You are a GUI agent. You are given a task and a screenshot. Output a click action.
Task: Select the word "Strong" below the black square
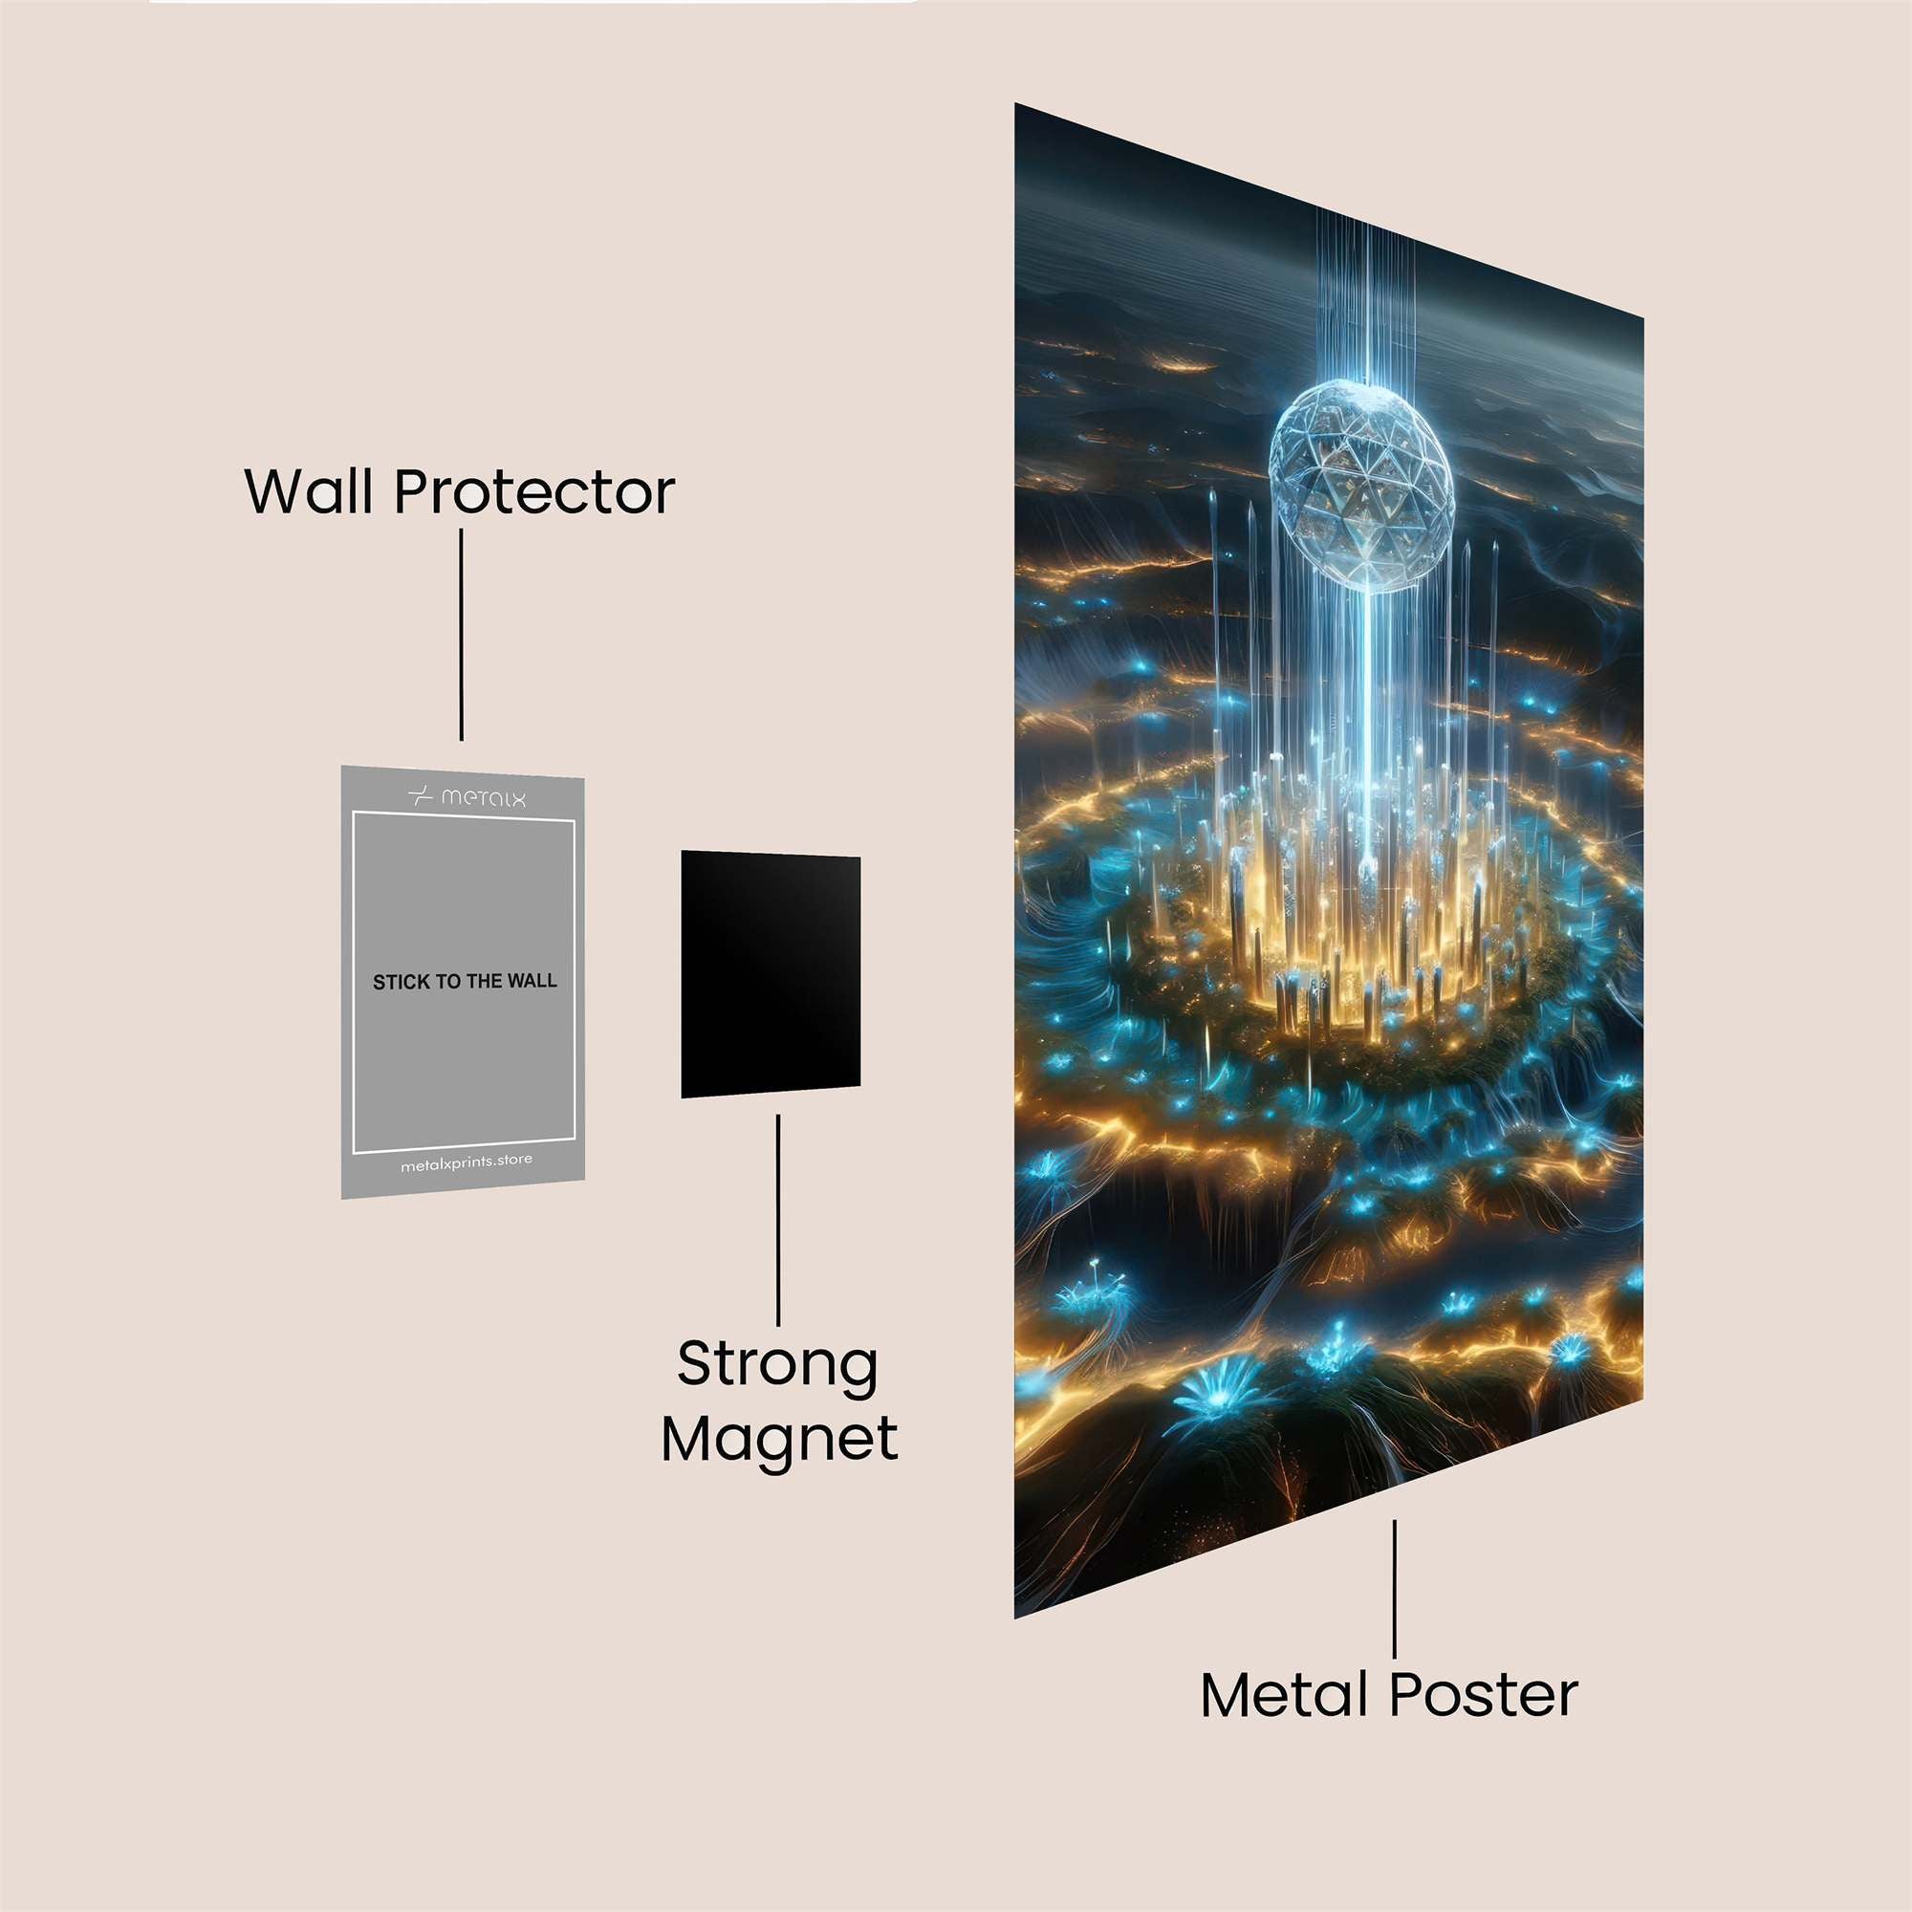(x=778, y=1367)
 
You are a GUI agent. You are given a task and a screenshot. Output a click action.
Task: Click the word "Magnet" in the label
(x=780, y=1440)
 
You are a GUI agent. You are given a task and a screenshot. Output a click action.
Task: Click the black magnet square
(x=770, y=974)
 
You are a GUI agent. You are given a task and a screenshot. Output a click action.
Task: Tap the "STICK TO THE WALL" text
(x=465, y=982)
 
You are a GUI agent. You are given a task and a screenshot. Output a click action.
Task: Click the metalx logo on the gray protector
(x=467, y=795)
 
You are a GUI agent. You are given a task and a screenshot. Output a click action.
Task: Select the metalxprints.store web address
(x=466, y=1162)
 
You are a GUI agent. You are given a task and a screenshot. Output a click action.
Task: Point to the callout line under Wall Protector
(x=461, y=635)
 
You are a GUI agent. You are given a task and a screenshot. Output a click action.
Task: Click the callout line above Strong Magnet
(x=778, y=1219)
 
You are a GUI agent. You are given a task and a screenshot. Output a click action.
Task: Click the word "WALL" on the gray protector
(x=532, y=982)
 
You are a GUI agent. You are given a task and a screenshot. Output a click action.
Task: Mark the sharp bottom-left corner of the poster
(x=1014, y=1619)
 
